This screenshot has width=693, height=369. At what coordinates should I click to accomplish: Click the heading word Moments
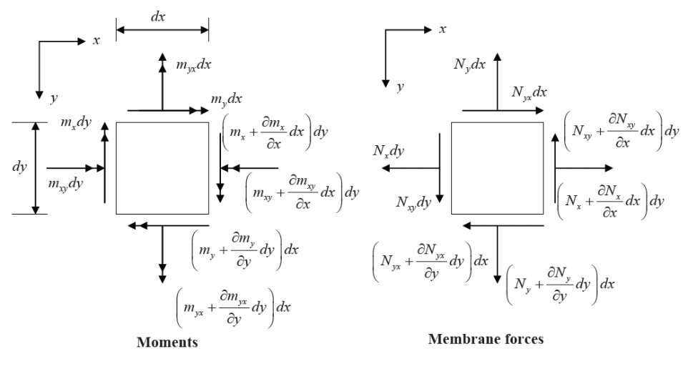tap(168, 343)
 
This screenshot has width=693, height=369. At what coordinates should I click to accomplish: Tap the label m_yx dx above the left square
tap(194, 65)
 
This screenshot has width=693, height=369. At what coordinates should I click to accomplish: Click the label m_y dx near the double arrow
tap(226, 97)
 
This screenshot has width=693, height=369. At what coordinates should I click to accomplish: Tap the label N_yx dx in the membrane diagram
tap(529, 92)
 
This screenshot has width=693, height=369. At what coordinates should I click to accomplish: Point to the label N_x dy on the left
tap(389, 151)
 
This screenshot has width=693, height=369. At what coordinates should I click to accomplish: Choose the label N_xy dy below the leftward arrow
tap(413, 202)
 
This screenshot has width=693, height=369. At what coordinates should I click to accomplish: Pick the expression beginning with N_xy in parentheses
tap(621, 130)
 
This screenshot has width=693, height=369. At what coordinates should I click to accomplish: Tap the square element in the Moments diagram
tap(162, 168)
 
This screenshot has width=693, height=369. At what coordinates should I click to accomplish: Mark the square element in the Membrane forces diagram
tap(498, 168)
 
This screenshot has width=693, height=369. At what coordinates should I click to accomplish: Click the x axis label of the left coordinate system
tap(97, 40)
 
